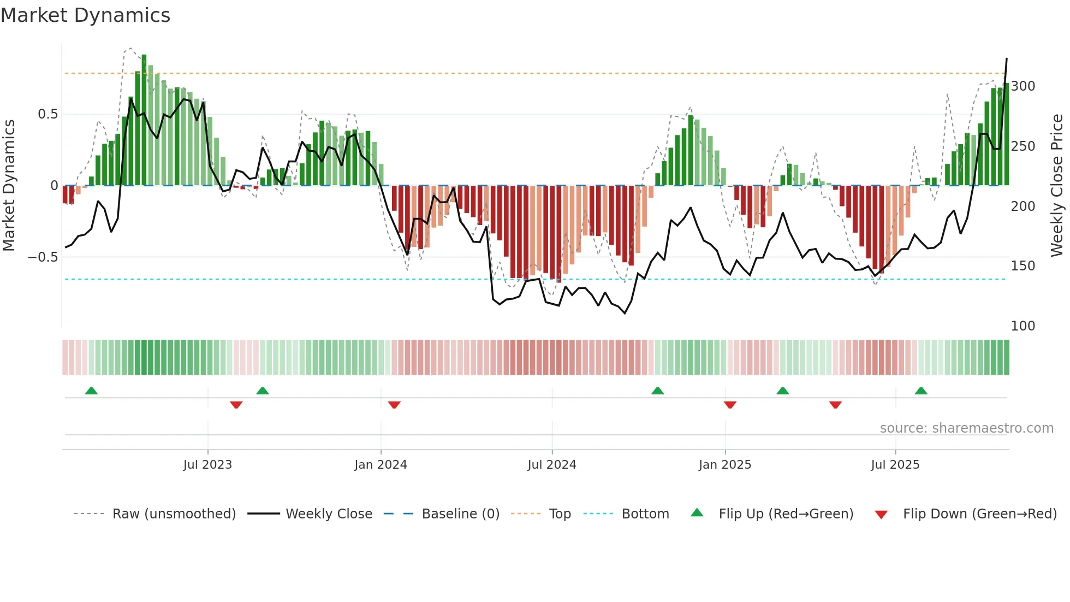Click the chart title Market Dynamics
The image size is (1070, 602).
(86, 15)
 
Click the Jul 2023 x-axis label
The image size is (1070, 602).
(207, 465)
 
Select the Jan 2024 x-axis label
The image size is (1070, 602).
(381, 465)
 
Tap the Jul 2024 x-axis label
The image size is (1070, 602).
(552, 465)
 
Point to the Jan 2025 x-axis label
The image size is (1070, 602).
(725, 465)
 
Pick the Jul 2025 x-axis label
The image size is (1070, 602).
(895, 465)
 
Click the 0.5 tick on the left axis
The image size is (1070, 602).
(47, 114)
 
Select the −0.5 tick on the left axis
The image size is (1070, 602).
(43, 257)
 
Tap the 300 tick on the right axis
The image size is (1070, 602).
(1023, 86)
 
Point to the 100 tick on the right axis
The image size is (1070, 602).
(1023, 326)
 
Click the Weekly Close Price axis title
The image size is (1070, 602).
(1057, 186)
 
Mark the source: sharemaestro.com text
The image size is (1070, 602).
(966, 428)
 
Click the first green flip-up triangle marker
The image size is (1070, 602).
(91, 391)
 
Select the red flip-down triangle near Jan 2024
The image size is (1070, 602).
(394, 405)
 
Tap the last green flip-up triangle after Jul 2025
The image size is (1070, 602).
(921, 391)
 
